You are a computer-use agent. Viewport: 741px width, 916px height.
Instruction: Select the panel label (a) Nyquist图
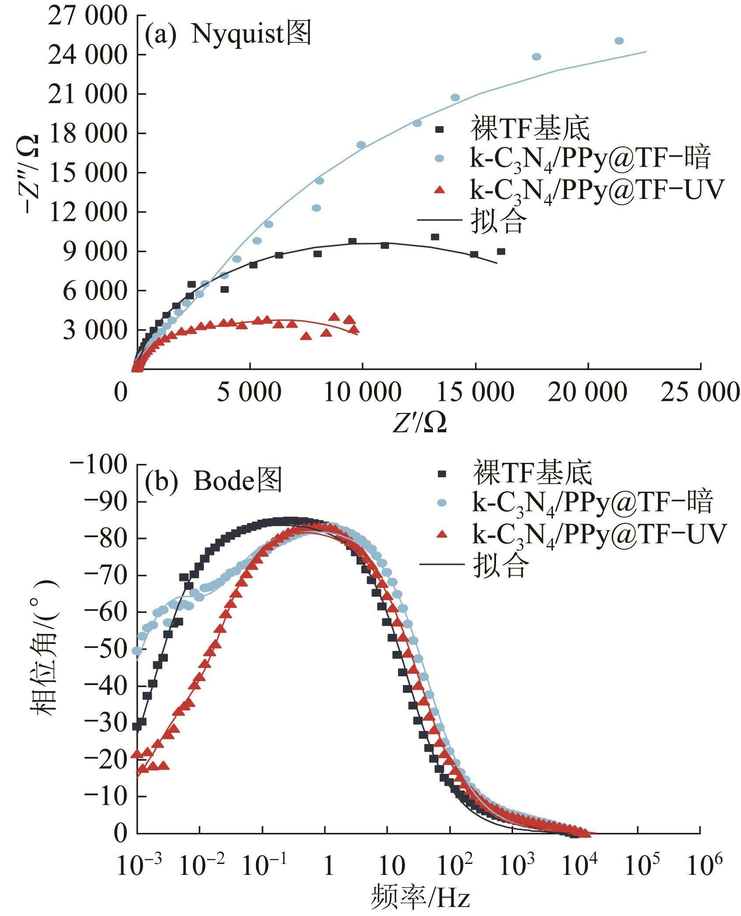pos(227,34)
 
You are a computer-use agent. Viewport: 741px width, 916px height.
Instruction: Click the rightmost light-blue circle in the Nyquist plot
pos(619,41)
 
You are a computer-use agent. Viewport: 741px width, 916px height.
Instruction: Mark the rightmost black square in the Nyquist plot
pos(501,252)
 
